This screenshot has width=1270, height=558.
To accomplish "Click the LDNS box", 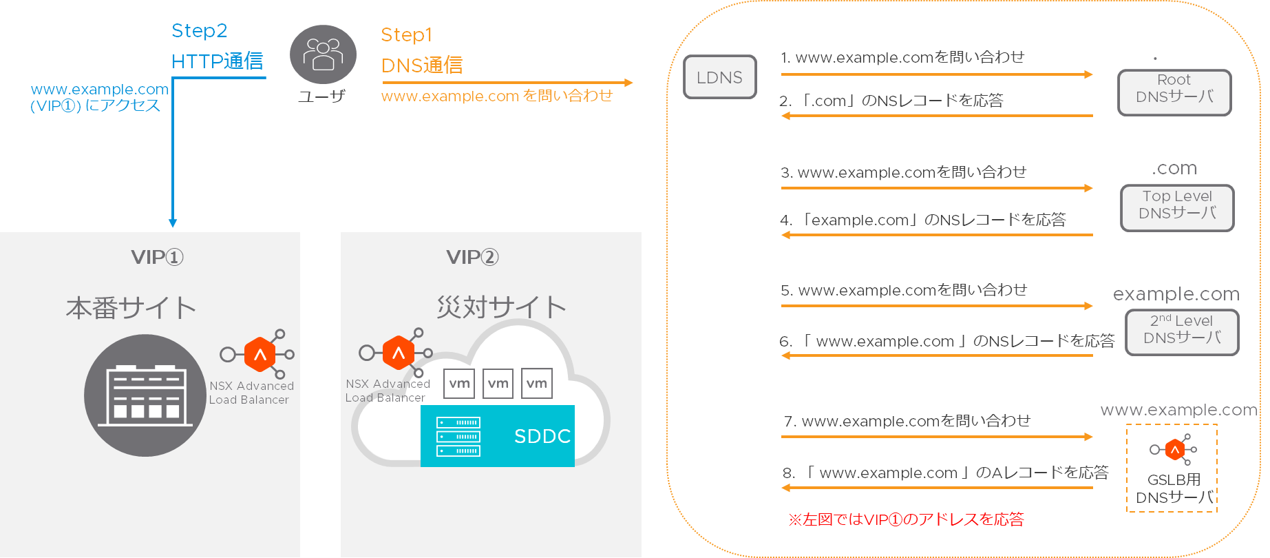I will click(x=719, y=77).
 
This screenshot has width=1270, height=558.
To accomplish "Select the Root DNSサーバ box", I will click(x=1174, y=92).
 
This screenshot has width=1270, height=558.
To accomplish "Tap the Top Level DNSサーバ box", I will click(x=1176, y=207).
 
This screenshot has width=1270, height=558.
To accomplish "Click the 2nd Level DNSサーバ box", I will click(x=1181, y=332).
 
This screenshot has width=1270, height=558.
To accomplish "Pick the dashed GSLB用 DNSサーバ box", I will click(x=1172, y=468).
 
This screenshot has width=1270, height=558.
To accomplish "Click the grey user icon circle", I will click(x=323, y=54).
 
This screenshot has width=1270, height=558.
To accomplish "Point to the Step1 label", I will click(x=406, y=34).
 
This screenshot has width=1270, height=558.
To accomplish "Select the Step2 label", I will click(x=199, y=31).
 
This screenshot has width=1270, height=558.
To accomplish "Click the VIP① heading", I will click(x=157, y=257).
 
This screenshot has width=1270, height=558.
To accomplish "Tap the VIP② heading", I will click(x=472, y=257).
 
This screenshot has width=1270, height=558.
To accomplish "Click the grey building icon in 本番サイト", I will click(x=145, y=395).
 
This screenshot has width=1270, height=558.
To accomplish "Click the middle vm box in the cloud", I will click(x=498, y=384).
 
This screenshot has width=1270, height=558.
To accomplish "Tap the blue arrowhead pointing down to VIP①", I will click(x=173, y=223).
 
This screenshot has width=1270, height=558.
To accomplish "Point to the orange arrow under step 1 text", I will click(x=936, y=74).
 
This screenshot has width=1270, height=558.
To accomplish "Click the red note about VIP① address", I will click(x=906, y=519).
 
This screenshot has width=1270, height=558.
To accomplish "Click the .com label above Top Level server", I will click(x=1174, y=168).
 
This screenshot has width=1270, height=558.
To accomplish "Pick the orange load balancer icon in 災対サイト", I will click(x=398, y=353).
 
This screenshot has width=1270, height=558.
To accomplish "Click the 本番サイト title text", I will click(x=131, y=308).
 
